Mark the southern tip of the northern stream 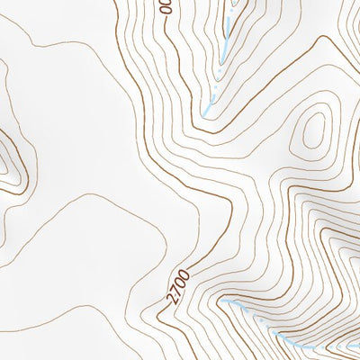coord(208,112)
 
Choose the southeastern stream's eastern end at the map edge coord(357,342)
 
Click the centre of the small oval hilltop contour coord(313,132)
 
